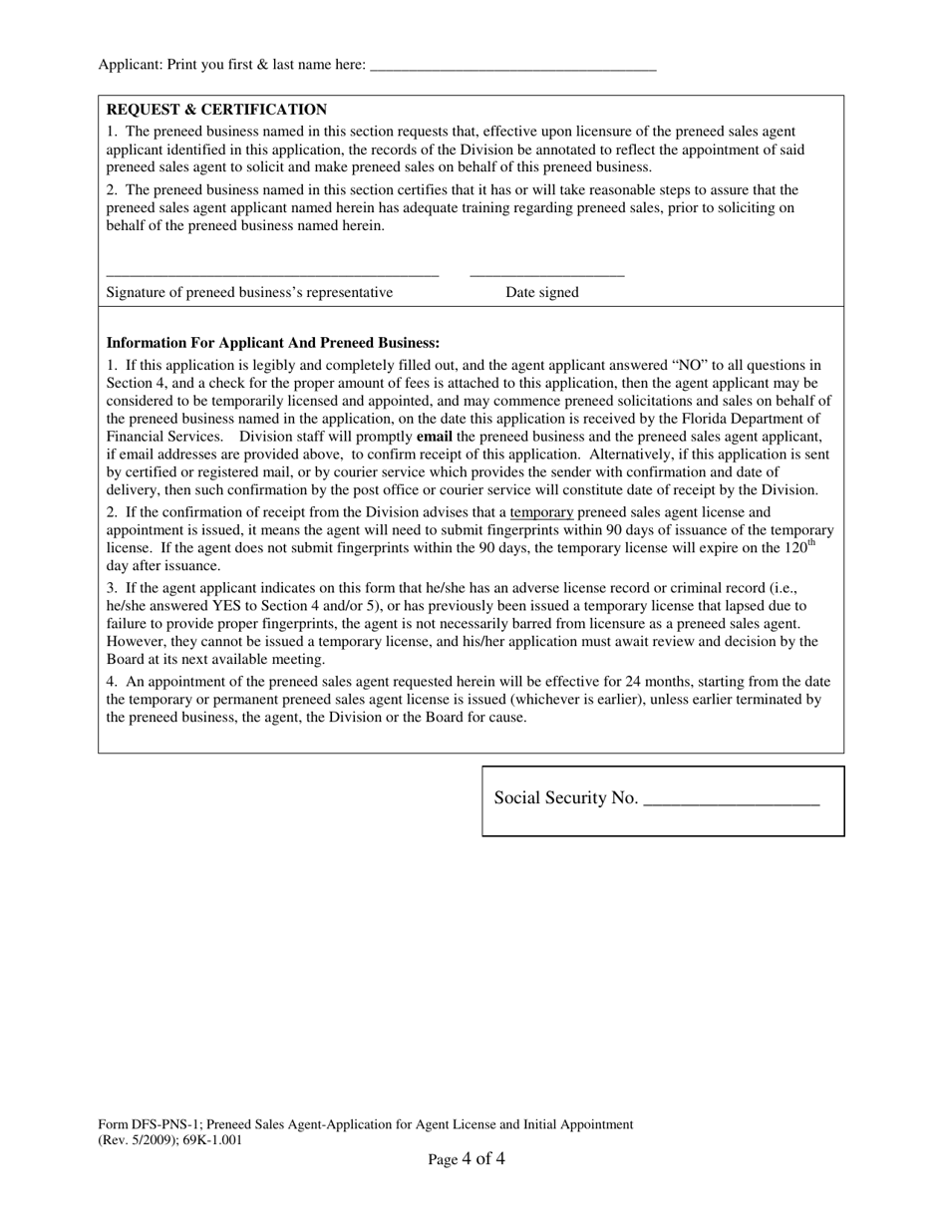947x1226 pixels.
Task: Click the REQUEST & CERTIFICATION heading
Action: (x=216, y=110)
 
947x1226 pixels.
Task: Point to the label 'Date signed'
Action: (x=541, y=292)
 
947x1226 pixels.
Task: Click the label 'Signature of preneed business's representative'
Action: (x=249, y=292)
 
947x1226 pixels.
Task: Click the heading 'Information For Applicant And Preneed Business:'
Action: (x=273, y=343)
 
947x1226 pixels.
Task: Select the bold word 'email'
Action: (x=434, y=437)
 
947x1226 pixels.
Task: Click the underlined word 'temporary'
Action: (x=541, y=512)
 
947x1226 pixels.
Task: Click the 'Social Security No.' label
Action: (x=565, y=798)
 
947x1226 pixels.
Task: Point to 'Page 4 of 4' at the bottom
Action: (x=467, y=1159)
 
